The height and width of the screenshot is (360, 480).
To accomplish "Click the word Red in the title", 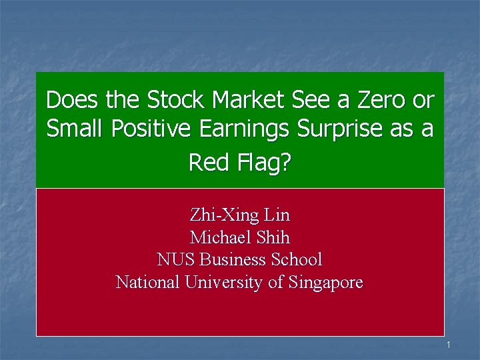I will coord(208,162).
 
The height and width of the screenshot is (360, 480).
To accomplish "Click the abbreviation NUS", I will coord(176,259).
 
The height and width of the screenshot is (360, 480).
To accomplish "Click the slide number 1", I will coord(449,345).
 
